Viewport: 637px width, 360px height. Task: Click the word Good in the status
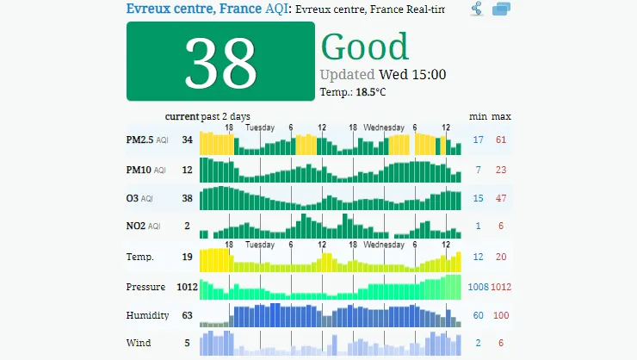364,47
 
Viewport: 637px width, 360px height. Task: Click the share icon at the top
477,9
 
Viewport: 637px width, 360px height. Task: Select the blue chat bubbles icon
502,9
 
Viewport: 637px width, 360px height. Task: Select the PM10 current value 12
187,170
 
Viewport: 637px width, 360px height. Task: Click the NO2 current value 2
187,227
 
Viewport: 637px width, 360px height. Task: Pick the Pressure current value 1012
187,286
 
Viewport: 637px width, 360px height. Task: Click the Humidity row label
147,315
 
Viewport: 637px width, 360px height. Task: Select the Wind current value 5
187,343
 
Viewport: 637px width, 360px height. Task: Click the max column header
502,116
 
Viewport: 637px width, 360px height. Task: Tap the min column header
478,116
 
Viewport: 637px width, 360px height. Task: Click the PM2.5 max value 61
501,140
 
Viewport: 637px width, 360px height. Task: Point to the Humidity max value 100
501,315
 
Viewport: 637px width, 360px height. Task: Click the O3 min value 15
478,198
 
